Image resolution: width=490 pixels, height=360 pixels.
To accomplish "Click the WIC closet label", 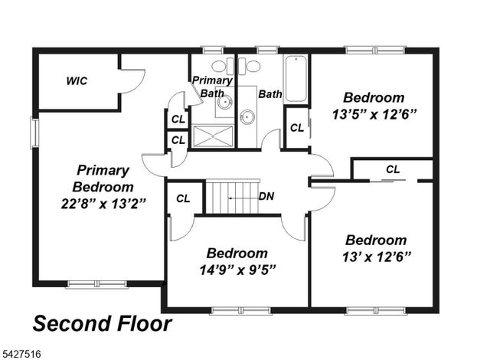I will click(x=76, y=80).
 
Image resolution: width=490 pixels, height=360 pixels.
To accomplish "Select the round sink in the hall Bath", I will click(x=247, y=117).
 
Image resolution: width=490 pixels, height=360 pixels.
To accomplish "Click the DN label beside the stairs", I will click(x=266, y=196).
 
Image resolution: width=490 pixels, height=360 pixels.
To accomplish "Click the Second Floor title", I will click(x=101, y=322).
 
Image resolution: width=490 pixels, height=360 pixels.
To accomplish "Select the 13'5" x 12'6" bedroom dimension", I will click(x=373, y=115).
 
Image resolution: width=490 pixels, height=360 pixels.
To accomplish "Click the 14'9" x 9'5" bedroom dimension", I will click(x=237, y=269).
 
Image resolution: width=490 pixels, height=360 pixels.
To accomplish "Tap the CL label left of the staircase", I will click(x=183, y=198).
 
